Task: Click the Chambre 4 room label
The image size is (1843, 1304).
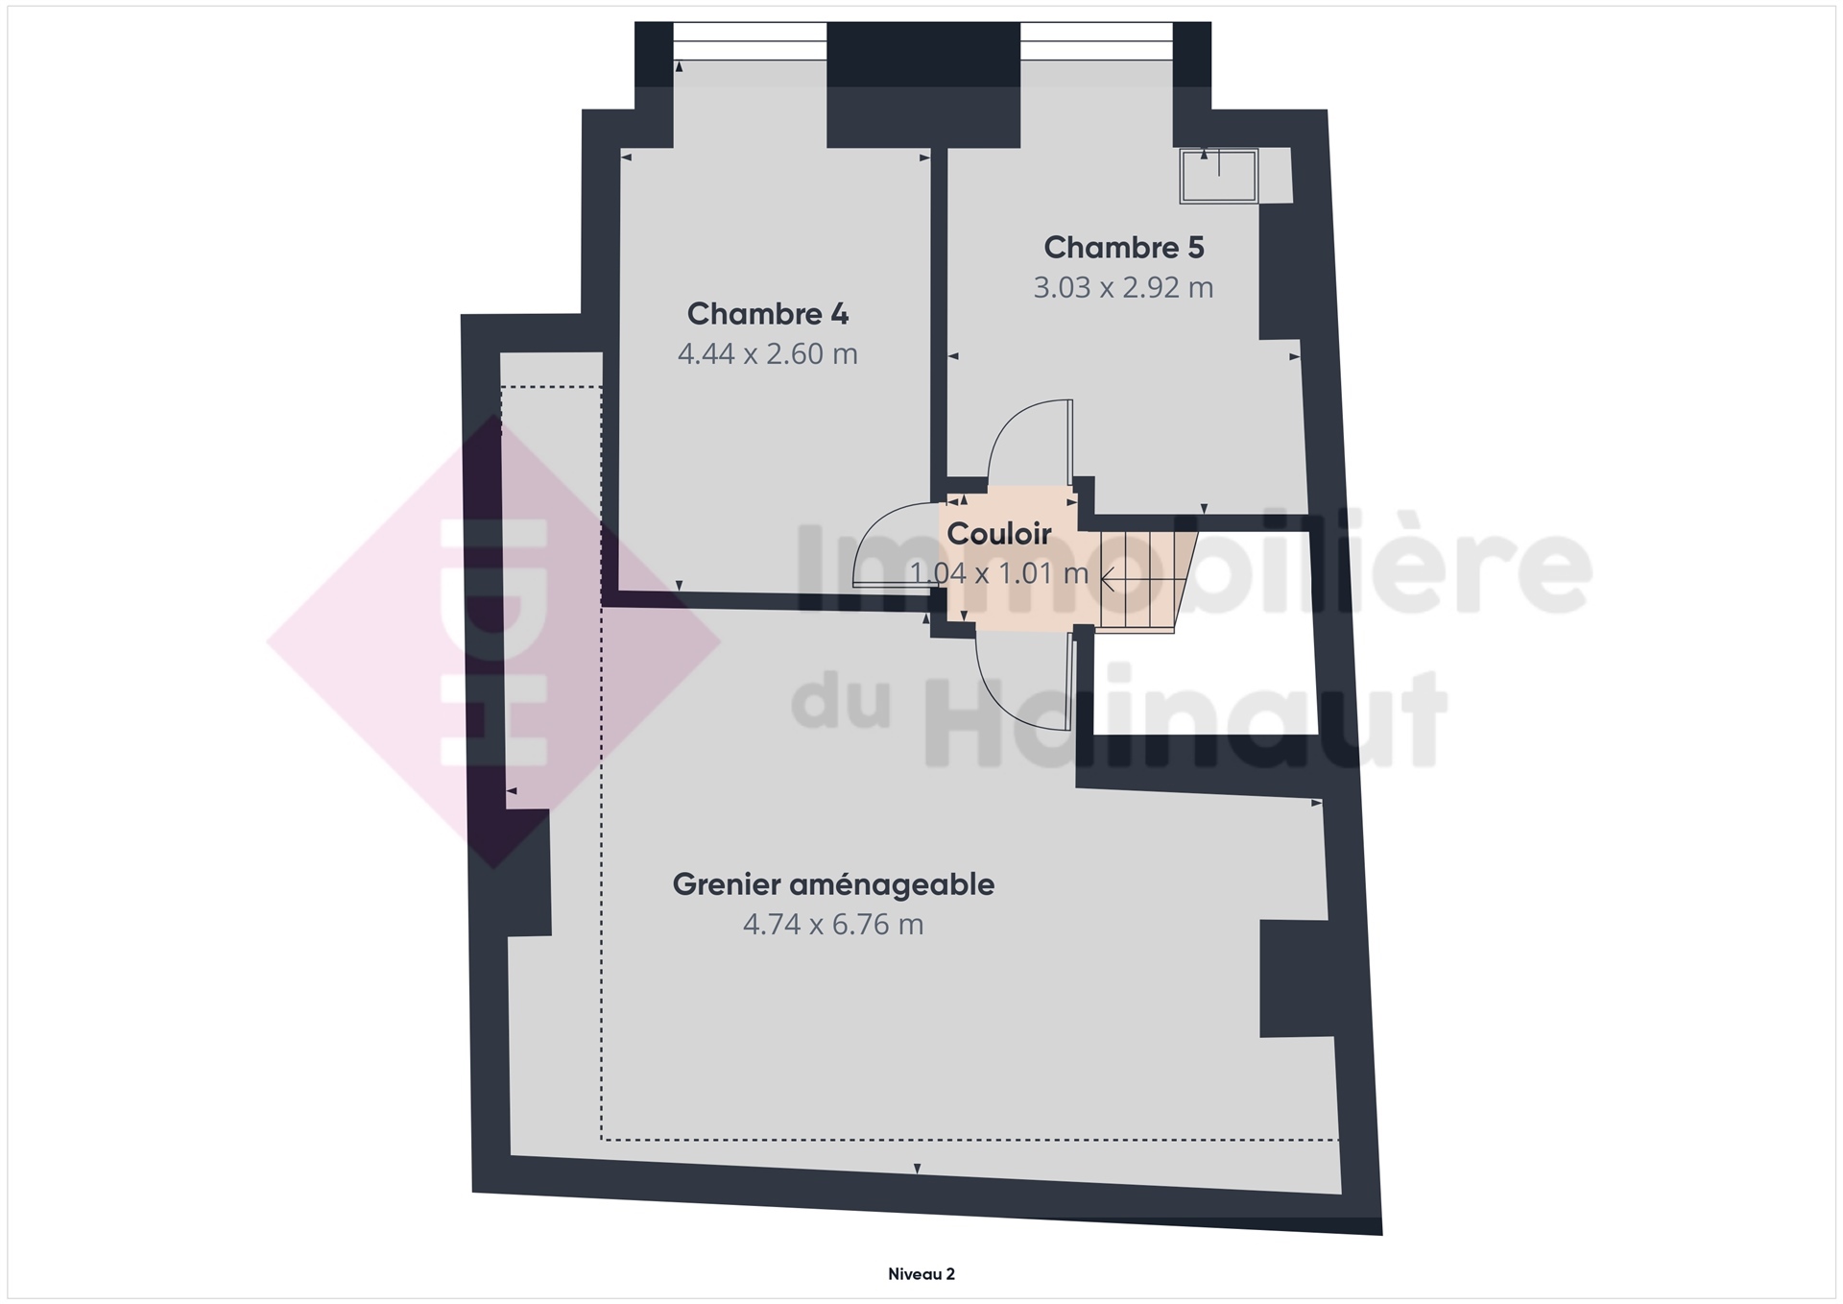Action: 768,314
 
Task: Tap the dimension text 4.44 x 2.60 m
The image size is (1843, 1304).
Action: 768,354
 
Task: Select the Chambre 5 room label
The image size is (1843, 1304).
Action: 1124,248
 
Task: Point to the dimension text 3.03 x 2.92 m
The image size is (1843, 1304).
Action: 1123,288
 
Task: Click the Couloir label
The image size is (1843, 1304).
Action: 999,534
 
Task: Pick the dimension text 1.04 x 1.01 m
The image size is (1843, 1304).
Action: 999,573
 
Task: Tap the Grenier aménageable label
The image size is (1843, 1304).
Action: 833,884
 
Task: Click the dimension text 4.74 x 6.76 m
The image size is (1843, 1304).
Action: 833,925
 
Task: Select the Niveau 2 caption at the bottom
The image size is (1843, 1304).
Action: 921,1274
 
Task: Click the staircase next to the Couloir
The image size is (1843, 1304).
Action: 1146,581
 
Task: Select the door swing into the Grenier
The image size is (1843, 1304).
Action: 1023,673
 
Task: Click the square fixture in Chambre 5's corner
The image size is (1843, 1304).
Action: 1219,176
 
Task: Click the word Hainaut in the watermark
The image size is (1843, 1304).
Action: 1185,720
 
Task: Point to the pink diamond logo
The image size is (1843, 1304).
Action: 494,641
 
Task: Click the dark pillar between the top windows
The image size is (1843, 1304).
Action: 923,85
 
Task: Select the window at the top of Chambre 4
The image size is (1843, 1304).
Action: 750,41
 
